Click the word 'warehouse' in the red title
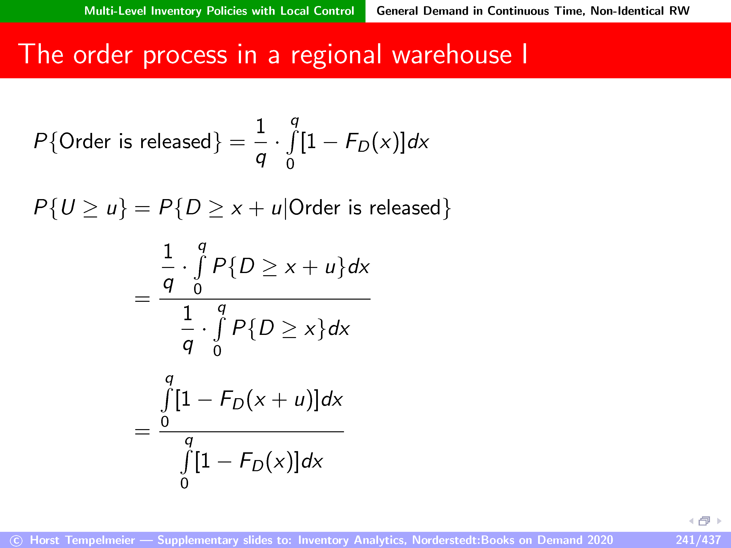click(x=452, y=55)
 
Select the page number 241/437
click(x=698, y=540)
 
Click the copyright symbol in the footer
click(x=16, y=541)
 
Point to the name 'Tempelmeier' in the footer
click(x=100, y=540)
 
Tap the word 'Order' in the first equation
click(x=85, y=141)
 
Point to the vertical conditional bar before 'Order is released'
click(x=285, y=208)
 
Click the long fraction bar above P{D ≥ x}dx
click(x=265, y=299)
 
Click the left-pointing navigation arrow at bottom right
click(x=691, y=521)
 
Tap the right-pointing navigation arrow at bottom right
click(x=719, y=521)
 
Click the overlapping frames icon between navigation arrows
click(x=704, y=521)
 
